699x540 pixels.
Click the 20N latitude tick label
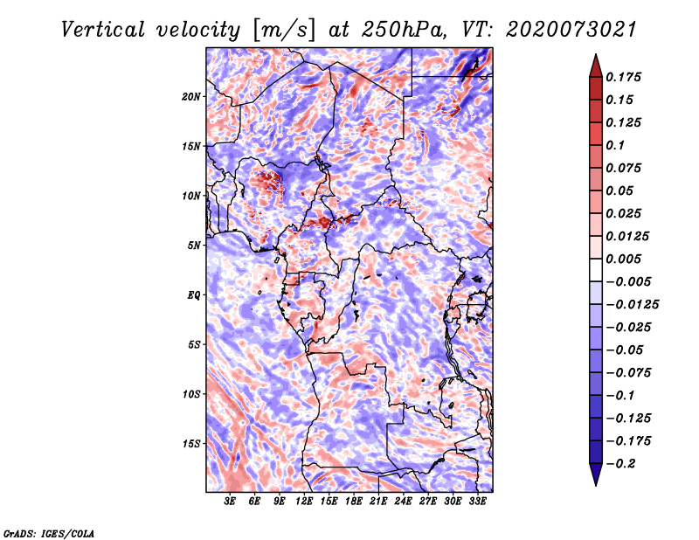pos(192,96)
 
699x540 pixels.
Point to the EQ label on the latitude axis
pos(194,294)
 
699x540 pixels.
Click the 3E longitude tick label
pos(231,502)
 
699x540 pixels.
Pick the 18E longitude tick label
pos(354,502)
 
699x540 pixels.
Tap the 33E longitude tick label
pos(477,502)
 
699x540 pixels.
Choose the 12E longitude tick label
pos(305,502)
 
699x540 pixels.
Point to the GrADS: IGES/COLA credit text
pos(48,531)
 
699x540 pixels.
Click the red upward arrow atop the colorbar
pos(594,66)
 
